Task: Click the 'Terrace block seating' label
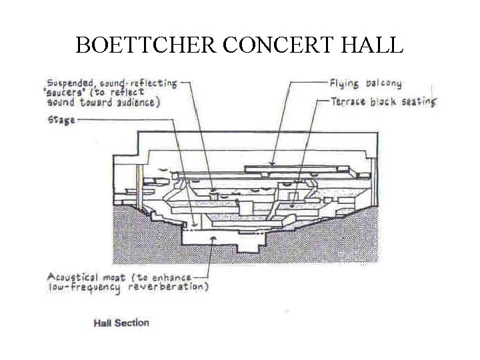coord(383,101)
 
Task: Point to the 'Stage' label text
coord(61,120)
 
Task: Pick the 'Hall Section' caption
coord(121,323)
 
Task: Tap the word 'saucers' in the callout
coord(66,94)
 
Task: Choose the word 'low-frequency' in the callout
coord(84,287)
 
